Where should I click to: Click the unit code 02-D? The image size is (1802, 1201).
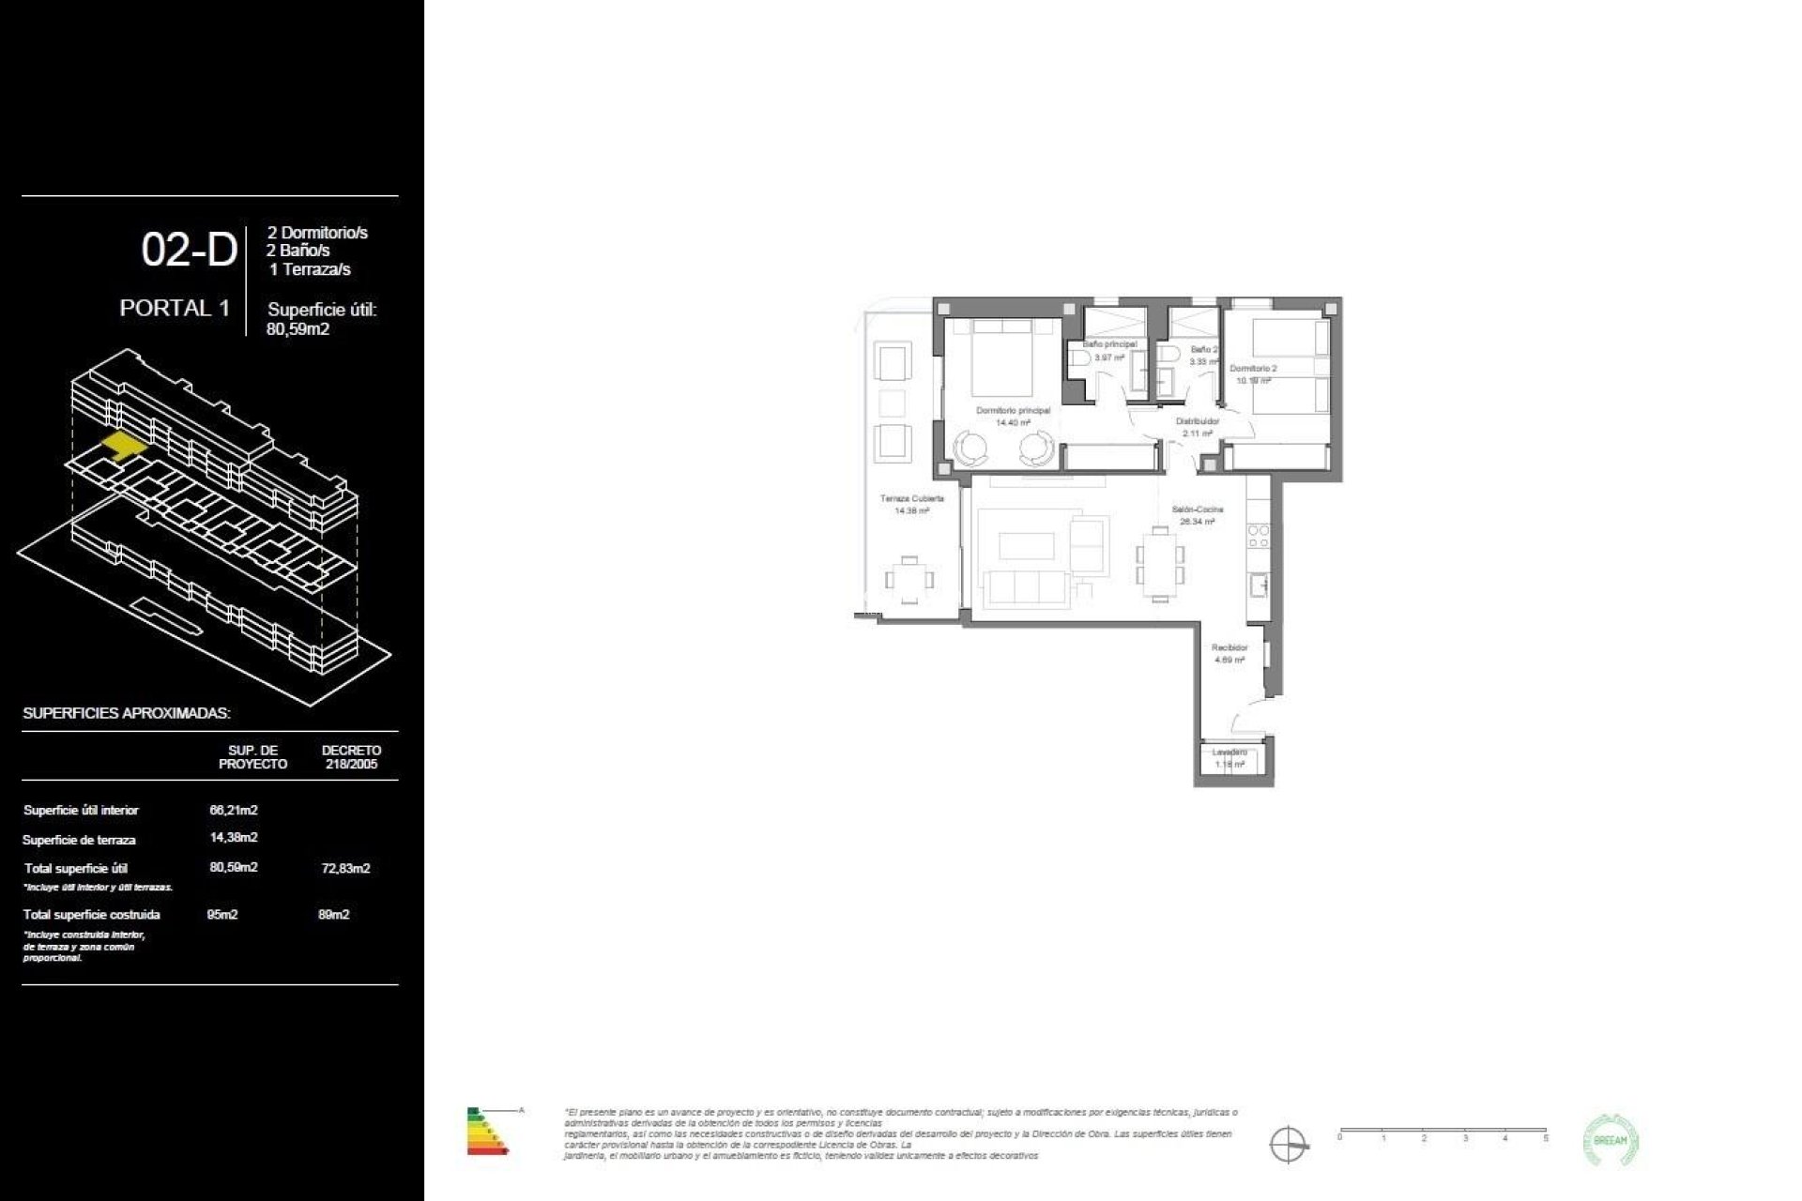pos(189,251)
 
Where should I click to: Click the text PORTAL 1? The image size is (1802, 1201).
pos(175,308)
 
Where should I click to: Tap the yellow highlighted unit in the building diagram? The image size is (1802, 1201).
pos(122,444)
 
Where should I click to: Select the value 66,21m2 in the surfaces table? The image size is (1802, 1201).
pos(234,810)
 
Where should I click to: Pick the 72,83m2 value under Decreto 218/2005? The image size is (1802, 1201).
pos(345,869)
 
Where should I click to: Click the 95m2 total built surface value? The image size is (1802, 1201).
pos(222,915)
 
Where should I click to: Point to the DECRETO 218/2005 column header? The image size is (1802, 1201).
pos(351,757)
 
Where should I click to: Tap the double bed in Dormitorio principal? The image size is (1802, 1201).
pos(1001,359)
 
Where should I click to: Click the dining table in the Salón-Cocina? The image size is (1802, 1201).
pos(1160,564)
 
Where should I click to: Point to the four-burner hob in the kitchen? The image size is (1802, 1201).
pos(1258,537)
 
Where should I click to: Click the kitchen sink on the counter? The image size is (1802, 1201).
pos(1258,585)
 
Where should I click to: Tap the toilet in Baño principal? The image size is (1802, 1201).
pos(1078,358)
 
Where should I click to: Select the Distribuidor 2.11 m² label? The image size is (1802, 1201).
pos(1198,428)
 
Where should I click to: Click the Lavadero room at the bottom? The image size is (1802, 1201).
pos(1230,760)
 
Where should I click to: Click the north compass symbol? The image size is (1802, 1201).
pos(1288,1145)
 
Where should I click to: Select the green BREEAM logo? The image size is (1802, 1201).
pos(1611,1141)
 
